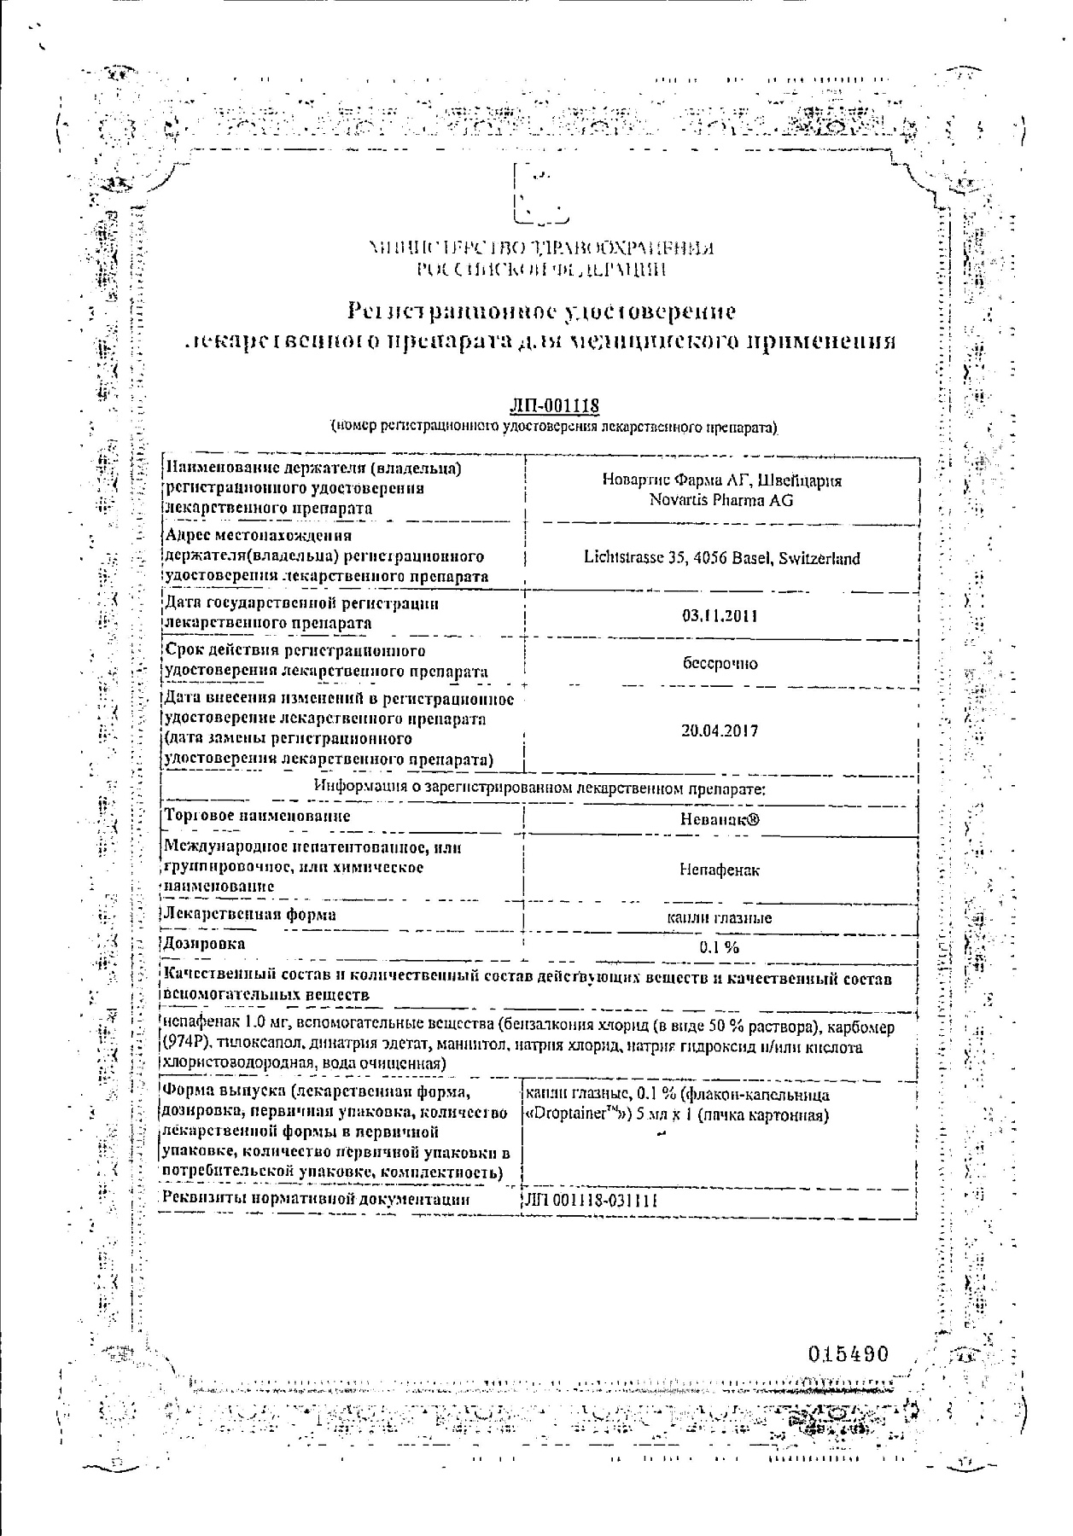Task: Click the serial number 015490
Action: click(x=848, y=1354)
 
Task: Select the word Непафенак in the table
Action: click(x=720, y=870)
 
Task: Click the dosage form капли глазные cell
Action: click(x=720, y=918)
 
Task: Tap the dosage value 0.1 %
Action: click(x=720, y=947)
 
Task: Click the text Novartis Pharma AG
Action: click(x=720, y=501)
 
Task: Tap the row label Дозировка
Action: click(x=205, y=943)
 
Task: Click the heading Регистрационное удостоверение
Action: click(x=542, y=310)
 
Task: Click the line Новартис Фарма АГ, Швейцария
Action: click(x=721, y=480)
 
